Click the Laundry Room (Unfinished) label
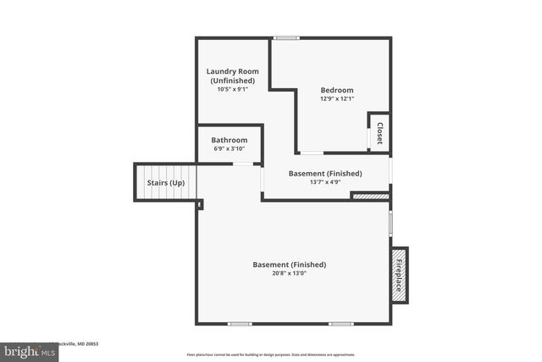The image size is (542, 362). point(233,75)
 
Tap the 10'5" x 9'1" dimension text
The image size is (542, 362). point(233,89)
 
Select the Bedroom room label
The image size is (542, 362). point(336,90)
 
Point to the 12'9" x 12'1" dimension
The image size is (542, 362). point(336,98)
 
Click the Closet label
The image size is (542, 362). point(379,133)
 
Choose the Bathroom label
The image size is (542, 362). point(230,140)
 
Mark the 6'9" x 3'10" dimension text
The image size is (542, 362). point(230,148)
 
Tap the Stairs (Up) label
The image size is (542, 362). point(165,182)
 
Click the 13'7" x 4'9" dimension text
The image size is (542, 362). point(325,181)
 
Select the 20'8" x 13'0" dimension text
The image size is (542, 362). point(289,273)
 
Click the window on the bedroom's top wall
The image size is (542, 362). point(286,37)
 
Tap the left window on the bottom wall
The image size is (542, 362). point(240,323)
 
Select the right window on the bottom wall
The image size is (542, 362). point(341,323)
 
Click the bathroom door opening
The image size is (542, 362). point(246,163)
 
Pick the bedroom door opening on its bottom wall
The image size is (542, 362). point(312,153)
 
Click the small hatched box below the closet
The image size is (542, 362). point(371,196)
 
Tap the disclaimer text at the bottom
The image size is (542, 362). point(271,354)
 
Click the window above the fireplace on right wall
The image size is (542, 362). point(390,223)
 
